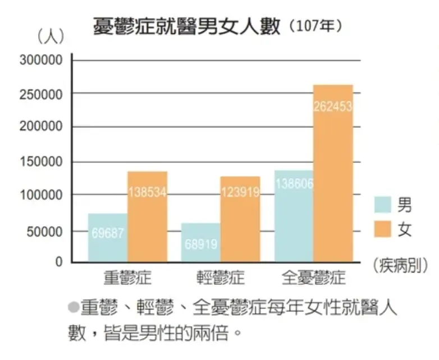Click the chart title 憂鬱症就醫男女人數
186,26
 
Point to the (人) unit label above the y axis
51,37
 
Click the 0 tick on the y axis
59,262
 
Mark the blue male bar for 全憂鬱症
294,216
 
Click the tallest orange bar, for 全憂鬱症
333,173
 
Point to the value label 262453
333,107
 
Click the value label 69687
108,233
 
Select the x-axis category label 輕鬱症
221,277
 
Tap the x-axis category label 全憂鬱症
314,277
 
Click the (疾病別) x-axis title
401,266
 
